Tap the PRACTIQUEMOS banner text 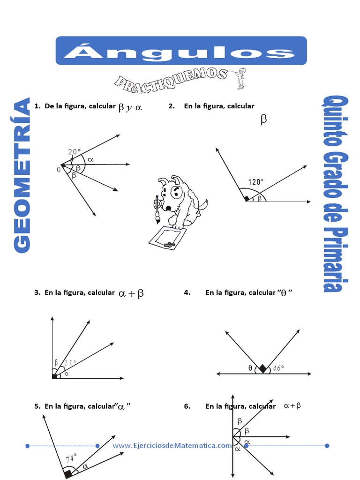[x=171, y=78]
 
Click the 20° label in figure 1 [x=74, y=151]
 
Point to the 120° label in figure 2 [x=256, y=182]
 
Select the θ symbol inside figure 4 [x=250, y=368]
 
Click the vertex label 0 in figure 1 [x=59, y=170]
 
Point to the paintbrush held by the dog [x=157, y=210]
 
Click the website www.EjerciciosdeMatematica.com [x=172, y=445]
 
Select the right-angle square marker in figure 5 [x=68, y=474]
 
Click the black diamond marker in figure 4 [x=263, y=369]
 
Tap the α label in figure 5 [x=85, y=466]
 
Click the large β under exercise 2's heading [x=263, y=120]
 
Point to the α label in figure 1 [x=90, y=159]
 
